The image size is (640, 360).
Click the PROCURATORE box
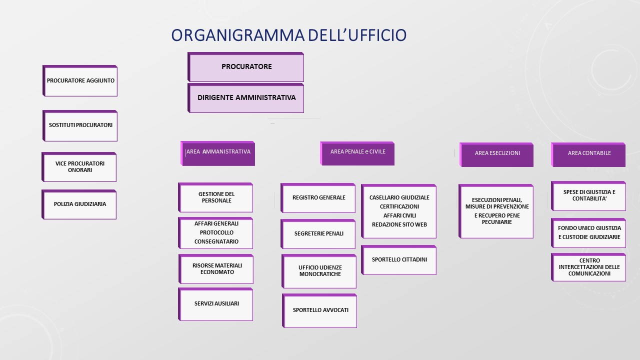[x=246, y=67]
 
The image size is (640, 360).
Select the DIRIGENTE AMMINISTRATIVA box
[x=246, y=98]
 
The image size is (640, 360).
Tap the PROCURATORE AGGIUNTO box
[x=80, y=80]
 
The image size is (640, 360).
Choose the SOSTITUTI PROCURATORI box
[x=80, y=125]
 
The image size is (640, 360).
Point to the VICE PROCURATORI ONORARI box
[x=80, y=167]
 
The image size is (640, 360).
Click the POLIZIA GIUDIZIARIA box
[x=80, y=204]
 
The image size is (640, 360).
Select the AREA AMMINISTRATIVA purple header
[x=218, y=153]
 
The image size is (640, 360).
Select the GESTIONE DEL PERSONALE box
[x=216, y=197]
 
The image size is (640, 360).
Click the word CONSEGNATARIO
[x=216, y=242]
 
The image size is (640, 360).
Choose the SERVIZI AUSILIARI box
[x=216, y=304]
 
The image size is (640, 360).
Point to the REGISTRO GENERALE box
[x=318, y=198]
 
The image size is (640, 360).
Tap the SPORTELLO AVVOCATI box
[x=320, y=310]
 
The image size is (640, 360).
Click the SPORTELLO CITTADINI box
[x=399, y=260]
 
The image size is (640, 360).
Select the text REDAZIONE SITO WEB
[x=399, y=224]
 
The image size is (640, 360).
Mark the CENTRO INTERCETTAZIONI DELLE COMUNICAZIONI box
[x=589, y=267]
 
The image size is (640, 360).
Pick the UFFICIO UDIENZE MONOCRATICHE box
[x=320, y=271]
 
